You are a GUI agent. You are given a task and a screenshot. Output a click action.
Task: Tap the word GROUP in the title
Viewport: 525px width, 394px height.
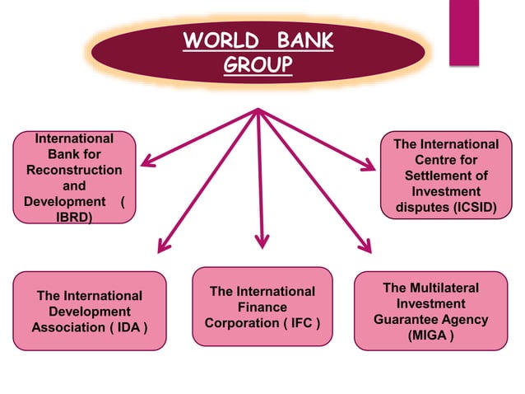pos(258,64)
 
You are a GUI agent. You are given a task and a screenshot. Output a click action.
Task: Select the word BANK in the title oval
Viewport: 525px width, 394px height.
pos(302,40)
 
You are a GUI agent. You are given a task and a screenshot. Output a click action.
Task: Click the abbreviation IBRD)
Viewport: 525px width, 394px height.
pos(73,217)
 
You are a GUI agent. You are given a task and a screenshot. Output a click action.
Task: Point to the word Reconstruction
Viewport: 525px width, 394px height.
pos(73,170)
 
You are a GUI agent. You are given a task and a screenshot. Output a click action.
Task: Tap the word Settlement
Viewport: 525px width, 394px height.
pos(446,176)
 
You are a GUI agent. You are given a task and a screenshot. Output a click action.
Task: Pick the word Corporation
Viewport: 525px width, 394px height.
pos(242,323)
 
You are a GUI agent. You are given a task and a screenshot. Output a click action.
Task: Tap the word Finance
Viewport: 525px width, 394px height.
pos(262,307)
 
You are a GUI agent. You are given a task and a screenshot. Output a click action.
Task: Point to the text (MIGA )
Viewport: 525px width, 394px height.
pos(430,335)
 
